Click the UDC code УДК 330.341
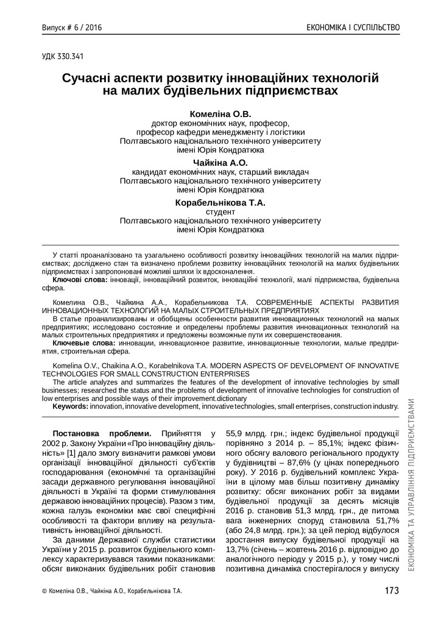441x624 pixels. coord(62,57)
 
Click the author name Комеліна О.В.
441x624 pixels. coord(220,113)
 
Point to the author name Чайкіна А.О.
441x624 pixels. coord(220,162)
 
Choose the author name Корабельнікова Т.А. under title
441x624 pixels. coord(220,202)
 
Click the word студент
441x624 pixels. coord(220,211)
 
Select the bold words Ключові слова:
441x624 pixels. coord(80,279)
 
